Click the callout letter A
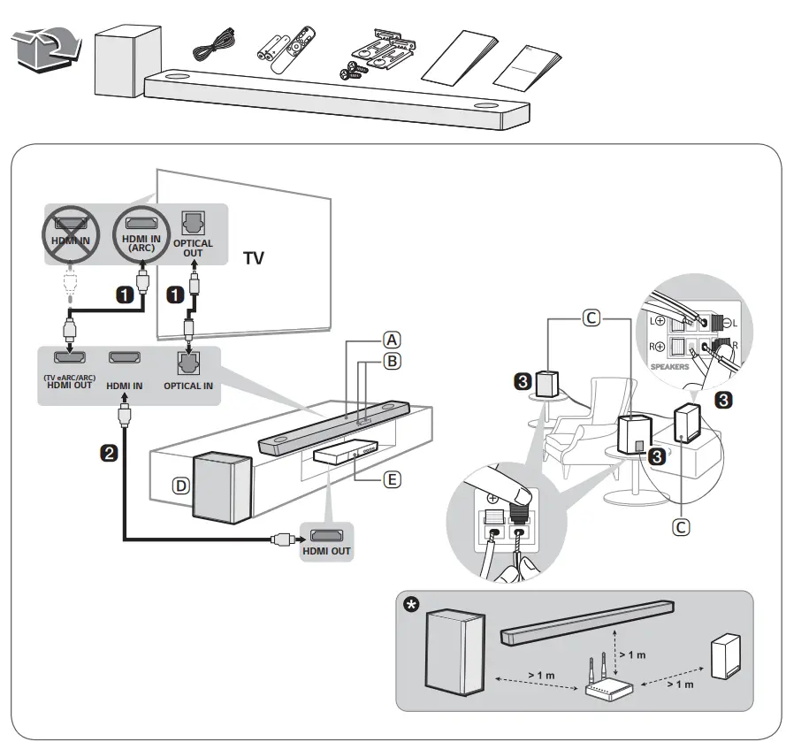pos(392,339)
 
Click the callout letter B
pos(392,360)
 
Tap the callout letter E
pos(392,480)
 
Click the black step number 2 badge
pos(110,453)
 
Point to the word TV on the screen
pos(255,259)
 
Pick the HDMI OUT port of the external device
pos(326,535)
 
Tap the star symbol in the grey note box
pos(412,606)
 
